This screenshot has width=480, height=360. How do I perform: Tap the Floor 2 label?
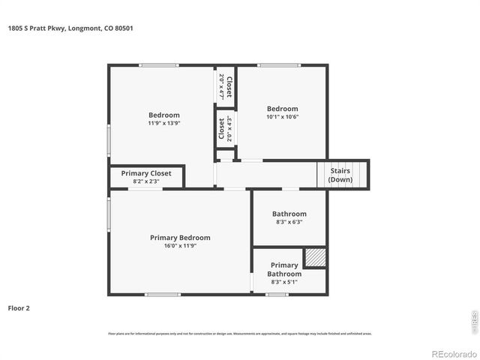(19, 307)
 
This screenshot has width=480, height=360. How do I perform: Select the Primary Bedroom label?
(180, 238)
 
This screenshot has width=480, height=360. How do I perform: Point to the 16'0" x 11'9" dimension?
(180, 246)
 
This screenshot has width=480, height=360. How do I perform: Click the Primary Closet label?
(146, 173)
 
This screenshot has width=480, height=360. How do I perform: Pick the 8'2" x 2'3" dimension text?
(146, 181)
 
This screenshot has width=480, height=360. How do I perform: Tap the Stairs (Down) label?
(340, 175)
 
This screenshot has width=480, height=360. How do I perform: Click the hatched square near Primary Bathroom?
(315, 257)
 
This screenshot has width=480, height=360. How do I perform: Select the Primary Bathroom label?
(284, 269)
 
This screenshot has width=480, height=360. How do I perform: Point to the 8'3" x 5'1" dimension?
(284, 282)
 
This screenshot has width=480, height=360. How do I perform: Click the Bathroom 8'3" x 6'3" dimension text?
(289, 222)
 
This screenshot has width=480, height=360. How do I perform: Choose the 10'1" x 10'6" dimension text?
(282, 116)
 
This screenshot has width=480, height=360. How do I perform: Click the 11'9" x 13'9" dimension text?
(163, 123)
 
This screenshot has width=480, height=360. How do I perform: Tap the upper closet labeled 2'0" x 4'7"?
(225, 86)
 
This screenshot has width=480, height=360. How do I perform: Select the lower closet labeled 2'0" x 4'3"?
(225, 128)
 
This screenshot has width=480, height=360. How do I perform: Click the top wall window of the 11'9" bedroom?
(158, 66)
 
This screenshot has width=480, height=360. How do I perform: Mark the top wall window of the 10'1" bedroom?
(279, 66)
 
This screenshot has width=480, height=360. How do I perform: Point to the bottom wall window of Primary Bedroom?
(163, 294)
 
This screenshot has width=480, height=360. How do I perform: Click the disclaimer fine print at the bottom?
(240, 333)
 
